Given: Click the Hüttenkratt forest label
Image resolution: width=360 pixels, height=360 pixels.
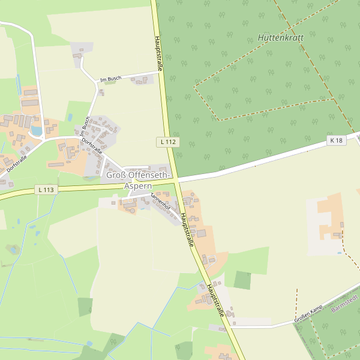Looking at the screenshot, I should pos(280,37).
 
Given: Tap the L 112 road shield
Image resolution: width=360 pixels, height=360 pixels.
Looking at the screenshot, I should pos(169,142).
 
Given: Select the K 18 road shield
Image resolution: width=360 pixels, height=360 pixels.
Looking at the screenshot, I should pos(337,140).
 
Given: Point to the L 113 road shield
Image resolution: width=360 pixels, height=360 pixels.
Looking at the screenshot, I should pos(46,190).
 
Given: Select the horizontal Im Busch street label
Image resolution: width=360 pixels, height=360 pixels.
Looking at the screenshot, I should pos(112,79).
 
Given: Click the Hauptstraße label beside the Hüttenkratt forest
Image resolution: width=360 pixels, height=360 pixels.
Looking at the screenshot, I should pos(159,53).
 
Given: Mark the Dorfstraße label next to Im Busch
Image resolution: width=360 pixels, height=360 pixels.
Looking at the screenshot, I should pos(92,147).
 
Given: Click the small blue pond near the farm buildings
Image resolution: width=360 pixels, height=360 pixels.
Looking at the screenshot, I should pos(37,130).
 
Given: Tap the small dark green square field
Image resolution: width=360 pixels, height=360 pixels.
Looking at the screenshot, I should pos(242,280).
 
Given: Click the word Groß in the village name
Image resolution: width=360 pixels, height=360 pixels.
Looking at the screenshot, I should pos(115,175).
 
